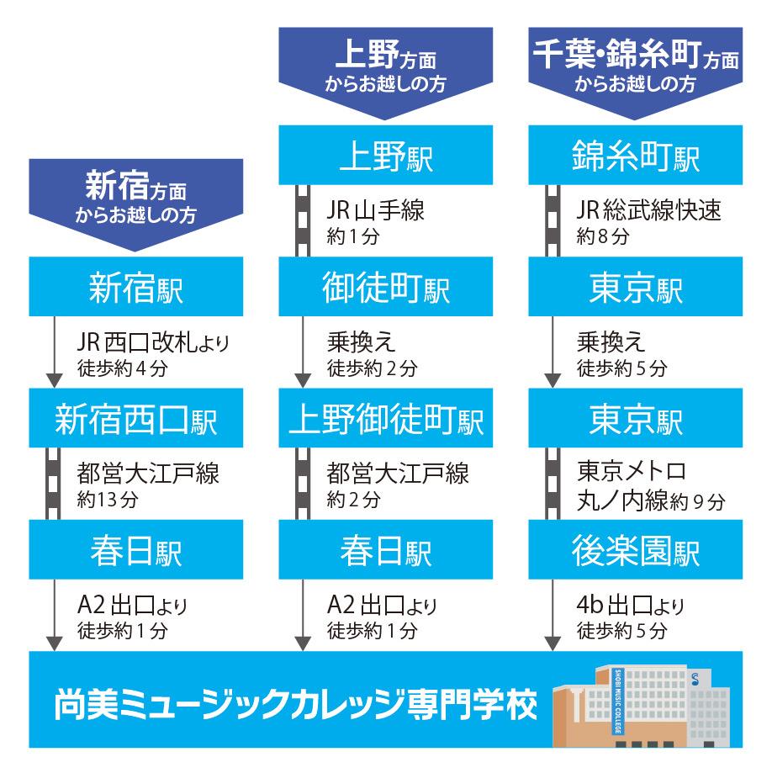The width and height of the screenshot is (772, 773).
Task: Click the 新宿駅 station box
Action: (x=136, y=287)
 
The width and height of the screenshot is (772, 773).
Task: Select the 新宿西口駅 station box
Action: (x=136, y=418)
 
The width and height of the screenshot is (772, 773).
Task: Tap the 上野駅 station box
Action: (x=385, y=155)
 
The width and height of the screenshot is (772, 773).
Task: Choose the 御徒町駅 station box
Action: (x=385, y=287)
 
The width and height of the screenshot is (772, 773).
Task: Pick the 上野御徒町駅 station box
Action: (x=385, y=418)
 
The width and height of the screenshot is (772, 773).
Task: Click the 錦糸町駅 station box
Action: (x=636, y=155)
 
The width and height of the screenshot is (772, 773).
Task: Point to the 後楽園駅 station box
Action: (x=636, y=549)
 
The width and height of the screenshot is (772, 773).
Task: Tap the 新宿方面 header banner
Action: (x=136, y=204)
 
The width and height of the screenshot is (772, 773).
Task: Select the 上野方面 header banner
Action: (x=385, y=73)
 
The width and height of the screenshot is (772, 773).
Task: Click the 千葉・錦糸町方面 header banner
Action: (x=636, y=73)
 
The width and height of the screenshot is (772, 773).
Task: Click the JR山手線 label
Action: (x=375, y=210)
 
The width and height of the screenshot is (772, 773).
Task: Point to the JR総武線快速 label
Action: (x=648, y=210)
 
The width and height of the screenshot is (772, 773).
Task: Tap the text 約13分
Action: (x=108, y=500)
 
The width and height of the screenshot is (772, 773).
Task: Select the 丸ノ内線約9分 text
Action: (x=651, y=501)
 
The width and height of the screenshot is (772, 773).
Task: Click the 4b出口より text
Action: (x=631, y=606)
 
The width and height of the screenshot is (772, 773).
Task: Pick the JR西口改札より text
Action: (x=153, y=342)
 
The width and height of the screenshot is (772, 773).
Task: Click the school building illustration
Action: (x=642, y=706)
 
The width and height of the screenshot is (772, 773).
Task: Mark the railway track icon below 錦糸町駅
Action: (x=553, y=221)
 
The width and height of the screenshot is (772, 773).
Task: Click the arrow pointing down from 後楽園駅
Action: (x=553, y=615)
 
